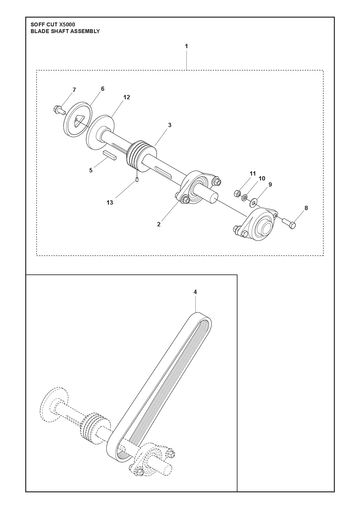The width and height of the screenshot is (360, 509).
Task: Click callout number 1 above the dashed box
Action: [186, 46]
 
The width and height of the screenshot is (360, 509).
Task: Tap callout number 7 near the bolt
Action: [74, 90]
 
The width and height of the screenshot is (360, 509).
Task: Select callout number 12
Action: [126, 97]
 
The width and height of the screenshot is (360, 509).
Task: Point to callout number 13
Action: [110, 203]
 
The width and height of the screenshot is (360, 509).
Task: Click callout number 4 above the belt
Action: [195, 292]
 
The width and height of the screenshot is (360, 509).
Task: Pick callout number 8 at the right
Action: [306, 208]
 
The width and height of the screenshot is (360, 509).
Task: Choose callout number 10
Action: [262, 178]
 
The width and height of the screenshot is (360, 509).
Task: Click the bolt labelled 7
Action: [59, 110]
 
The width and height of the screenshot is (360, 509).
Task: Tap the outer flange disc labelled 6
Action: [77, 120]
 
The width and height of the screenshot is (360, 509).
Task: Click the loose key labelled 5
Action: [109, 156]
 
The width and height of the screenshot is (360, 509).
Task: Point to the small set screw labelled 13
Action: [137, 180]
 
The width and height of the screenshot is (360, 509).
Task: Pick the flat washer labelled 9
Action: [255, 202]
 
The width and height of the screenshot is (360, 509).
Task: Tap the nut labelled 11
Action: [237, 193]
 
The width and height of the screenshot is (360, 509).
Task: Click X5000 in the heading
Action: [67, 25]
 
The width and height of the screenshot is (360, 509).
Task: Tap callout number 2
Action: [159, 224]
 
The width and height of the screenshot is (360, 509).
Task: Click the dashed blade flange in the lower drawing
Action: [55, 404]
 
